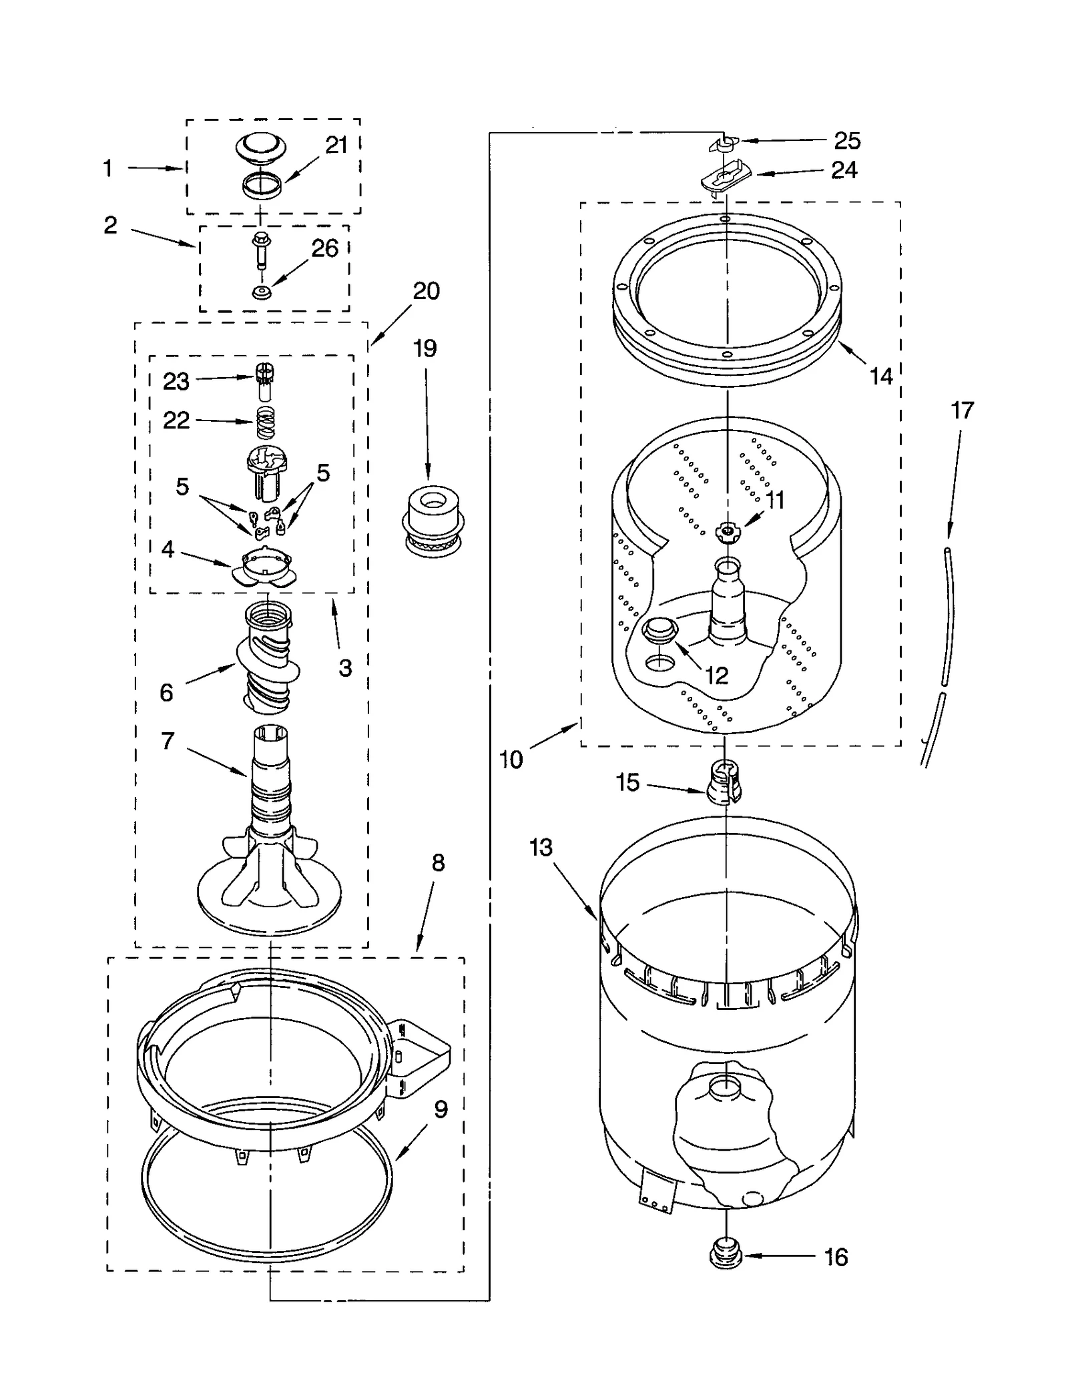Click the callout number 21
[x=336, y=145]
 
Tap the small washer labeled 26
[x=261, y=292]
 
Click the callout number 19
[x=425, y=348]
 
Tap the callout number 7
[x=168, y=741]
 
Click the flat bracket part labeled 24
[x=725, y=178]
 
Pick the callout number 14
[x=880, y=376]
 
